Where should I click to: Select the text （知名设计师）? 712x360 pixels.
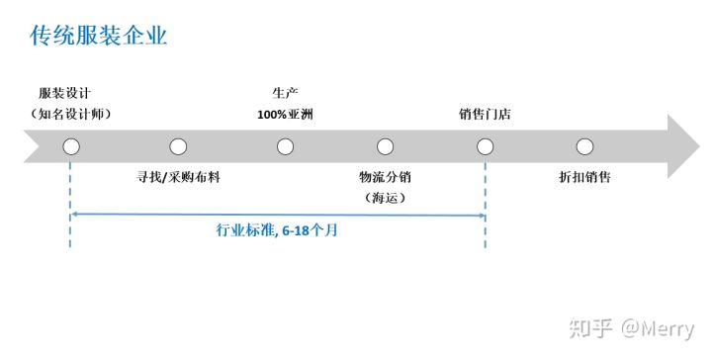70,114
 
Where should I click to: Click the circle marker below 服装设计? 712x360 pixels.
71,146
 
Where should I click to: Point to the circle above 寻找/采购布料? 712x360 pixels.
178,146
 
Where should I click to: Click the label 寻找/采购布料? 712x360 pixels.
178,179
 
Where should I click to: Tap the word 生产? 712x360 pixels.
285,94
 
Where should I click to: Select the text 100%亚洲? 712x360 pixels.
285,114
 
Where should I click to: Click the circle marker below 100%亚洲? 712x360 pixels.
285,146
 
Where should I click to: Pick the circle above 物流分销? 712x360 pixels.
385,146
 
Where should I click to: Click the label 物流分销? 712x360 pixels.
385,179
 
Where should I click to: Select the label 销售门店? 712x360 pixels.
485,114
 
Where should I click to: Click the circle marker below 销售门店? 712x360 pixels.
485,146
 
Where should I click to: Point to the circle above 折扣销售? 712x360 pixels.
584,146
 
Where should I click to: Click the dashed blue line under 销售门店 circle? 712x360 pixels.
485,198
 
